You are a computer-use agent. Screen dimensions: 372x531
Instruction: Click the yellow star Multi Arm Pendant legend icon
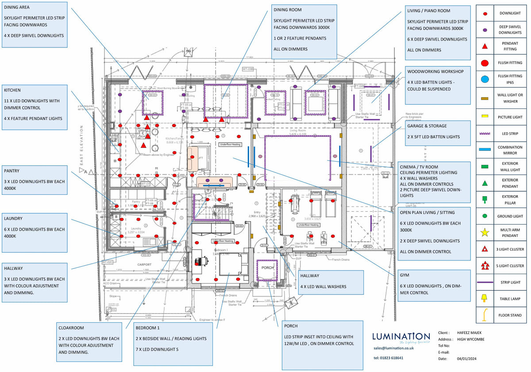pos(485,231)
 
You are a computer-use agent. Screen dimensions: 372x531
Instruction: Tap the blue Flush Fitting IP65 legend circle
pos(485,79)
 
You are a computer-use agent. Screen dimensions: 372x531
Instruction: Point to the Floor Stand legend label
pos(510,316)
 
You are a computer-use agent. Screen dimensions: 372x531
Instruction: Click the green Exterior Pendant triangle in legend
pos(485,183)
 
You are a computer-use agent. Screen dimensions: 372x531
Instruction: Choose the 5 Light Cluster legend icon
pos(485,266)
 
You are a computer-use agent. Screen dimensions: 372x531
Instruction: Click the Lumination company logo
pos(401,337)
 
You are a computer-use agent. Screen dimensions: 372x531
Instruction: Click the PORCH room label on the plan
pos(268,268)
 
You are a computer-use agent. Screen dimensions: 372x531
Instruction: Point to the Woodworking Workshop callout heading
pos(435,71)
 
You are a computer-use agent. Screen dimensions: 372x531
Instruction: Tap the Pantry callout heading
pos(12,170)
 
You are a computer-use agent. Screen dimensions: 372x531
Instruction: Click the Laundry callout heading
pos(13,218)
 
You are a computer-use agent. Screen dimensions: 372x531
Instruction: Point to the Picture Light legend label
pos(510,116)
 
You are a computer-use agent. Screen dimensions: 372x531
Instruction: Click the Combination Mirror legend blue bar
pos(485,149)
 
